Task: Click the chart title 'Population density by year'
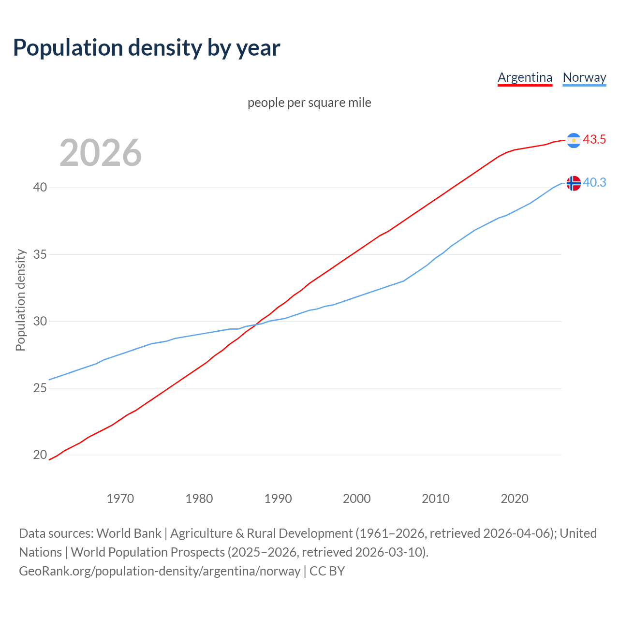pyautogui.click(x=147, y=48)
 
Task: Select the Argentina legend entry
pyautogui.click(x=525, y=77)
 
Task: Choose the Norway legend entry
pyautogui.click(x=584, y=77)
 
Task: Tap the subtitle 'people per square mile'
pyautogui.click(x=309, y=103)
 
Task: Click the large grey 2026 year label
pyautogui.click(x=101, y=153)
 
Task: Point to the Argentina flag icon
pyautogui.click(x=573, y=140)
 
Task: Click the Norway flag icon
pyautogui.click(x=573, y=183)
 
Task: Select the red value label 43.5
pyautogui.click(x=594, y=140)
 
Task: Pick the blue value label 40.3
pyautogui.click(x=594, y=183)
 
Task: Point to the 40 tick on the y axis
pyautogui.click(x=40, y=187)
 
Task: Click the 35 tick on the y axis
pyautogui.click(x=40, y=254)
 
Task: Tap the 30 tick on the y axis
pyautogui.click(x=40, y=321)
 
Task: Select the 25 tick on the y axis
pyautogui.click(x=40, y=388)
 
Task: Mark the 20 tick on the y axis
pyautogui.click(x=40, y=455)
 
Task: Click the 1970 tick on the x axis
pyautogui.click(x=120, y=499)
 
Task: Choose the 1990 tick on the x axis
pyautogui.click(x=278, y=499)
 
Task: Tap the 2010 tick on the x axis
pyautogui.click(x=436, y=499)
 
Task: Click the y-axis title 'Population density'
pyautogui.click(x=20, y=300)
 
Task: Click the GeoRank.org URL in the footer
pyautogui.click(x=160, y=571)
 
